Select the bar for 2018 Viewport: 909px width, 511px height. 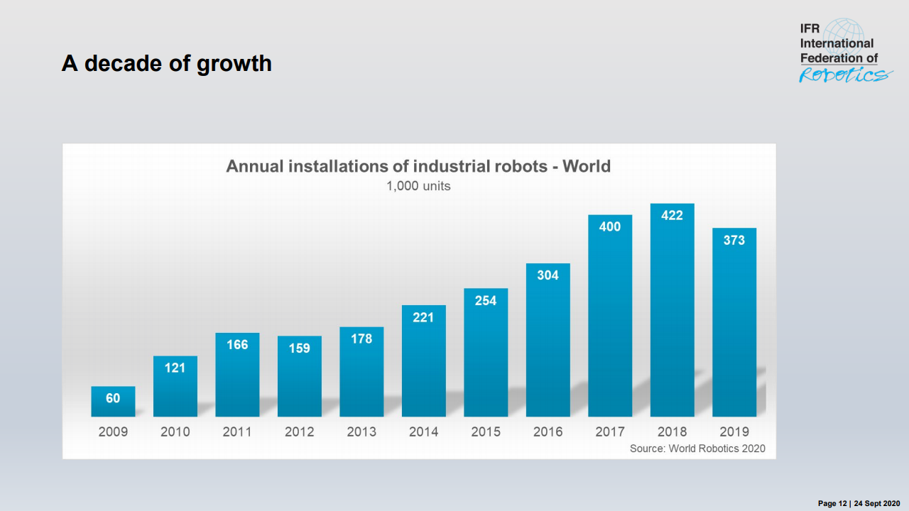pos(672,319)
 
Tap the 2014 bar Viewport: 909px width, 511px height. pos(423,369)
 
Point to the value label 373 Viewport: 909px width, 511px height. pos(734,241)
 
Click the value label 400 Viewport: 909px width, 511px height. pos(609,227)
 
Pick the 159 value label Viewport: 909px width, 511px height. pos(299,348)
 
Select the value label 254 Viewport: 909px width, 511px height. pos(486,300)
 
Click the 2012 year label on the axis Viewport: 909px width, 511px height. pos(299,432)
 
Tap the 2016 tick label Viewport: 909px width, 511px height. pos(548,432)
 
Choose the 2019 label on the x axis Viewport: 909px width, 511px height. pos(734,432)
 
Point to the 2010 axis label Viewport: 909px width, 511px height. pos(175,432)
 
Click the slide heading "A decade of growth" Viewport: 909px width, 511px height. pos(166,63)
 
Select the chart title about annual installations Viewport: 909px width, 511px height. pos(418,166)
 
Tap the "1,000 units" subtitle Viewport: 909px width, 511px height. pos(418,186)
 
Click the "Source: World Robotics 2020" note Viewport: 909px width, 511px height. pos(697,449)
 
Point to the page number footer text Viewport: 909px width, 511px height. pos(859,503)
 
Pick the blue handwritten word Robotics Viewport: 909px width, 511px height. pos(844,75)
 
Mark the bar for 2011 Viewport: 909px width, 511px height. pos(237,380)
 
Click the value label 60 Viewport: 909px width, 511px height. pos(113,398)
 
